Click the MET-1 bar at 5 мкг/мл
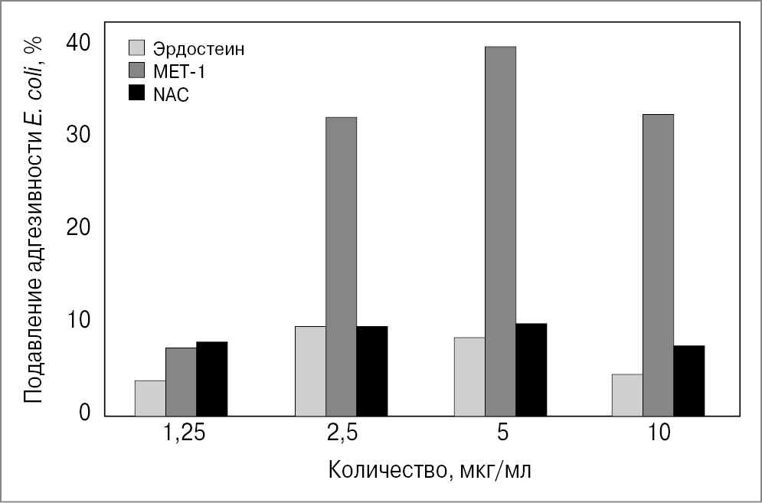(500, 231)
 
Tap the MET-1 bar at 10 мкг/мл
(658, 265)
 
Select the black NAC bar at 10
(688, 381)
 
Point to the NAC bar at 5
(531, 370)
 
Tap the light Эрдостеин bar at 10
(627, 395)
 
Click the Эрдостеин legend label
(198, 50)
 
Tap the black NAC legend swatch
(136, 94)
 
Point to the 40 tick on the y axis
(79, 42)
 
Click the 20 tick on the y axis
(79, 227)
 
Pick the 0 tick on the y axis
(85, 413)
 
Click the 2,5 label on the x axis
(342, 433)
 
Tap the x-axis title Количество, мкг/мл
(429, 469)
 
